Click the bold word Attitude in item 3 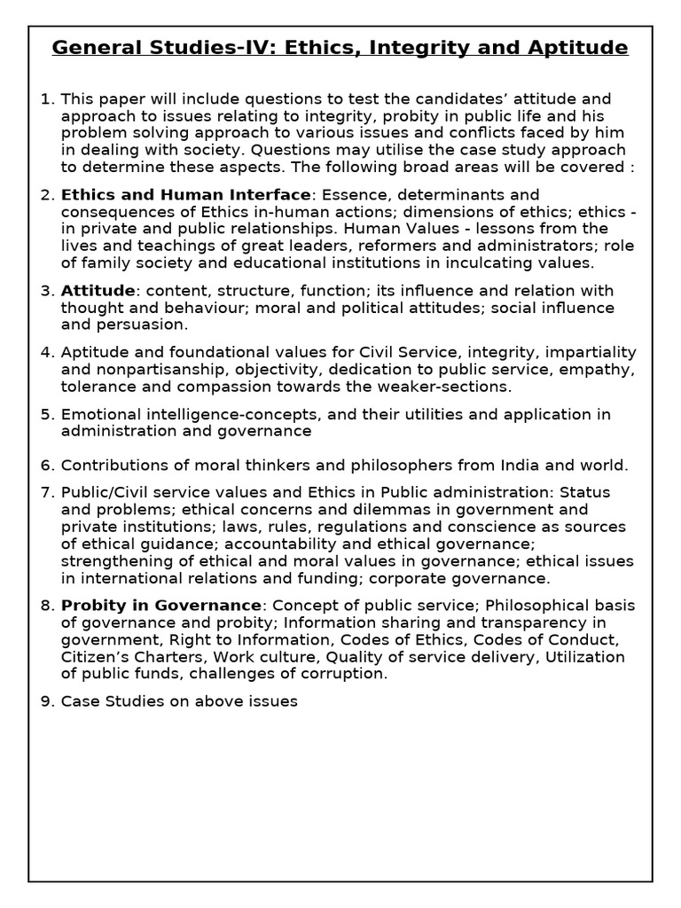tap(98, 291)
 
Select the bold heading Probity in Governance tap(161, 605)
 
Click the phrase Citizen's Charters tap(116, 657)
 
